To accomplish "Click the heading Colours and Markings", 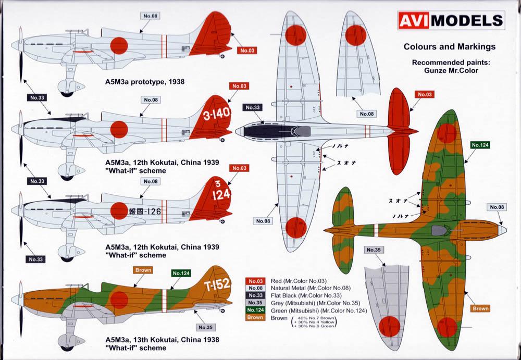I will pyautogui.click(x=450, y=46).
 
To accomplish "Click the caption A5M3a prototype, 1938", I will pyautogui.click(x=145, y=82).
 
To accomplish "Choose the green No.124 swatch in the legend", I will pyautogui.click(x=255, y=311).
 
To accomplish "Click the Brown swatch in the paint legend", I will pyautogui.click(x=255, y=318).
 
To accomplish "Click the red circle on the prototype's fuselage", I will pyautogui.click(x=118, y=45).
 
